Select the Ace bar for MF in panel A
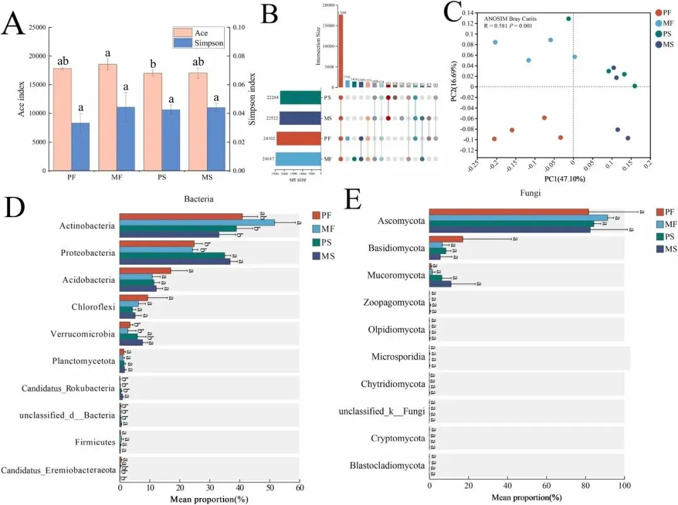tap(107, 117)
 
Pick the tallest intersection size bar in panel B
tap(341, 50)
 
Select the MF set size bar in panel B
tap(298, 159)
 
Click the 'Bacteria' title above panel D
tap(199, 199)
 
